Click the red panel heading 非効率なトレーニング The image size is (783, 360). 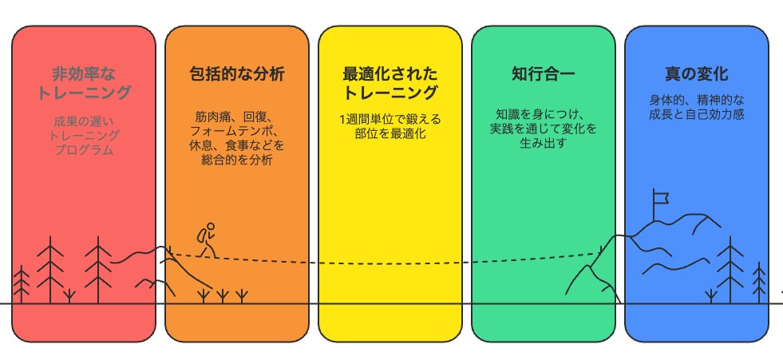84,83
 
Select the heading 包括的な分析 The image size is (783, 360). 237,74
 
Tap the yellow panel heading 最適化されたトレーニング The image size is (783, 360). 390,83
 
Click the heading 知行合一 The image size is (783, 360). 543,74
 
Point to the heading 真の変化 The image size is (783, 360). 696,74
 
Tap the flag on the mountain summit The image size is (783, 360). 660,196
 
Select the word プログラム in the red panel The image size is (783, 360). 84,150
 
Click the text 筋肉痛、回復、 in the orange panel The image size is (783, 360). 237,117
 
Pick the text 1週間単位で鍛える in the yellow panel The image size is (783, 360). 390,120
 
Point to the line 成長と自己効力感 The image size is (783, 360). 696,116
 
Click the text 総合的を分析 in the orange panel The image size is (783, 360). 237,160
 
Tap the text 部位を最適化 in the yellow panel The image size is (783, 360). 390,134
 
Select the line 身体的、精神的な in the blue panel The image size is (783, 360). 696,101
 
